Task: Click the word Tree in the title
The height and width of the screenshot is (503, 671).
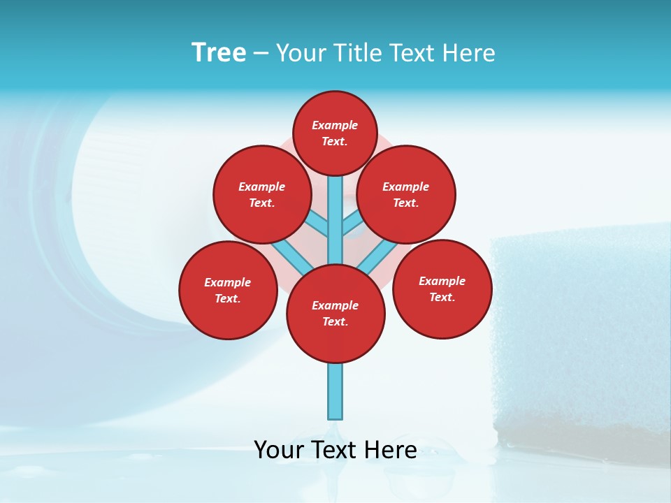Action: (219, 53)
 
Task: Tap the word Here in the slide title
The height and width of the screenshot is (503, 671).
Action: (469, 53)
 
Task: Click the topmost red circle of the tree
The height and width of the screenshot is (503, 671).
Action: (335, 133)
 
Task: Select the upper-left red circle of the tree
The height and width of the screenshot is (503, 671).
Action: (262, 194)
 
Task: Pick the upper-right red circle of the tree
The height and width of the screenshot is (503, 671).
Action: (406, 194)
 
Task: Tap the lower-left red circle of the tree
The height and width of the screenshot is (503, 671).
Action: (228, 290)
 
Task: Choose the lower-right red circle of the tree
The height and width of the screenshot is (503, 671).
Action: (442, 289)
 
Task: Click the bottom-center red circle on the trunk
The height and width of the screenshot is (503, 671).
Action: (335, 313)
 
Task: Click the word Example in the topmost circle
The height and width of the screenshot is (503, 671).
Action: (335, 125)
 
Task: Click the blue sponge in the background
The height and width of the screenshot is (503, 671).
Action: (580, 335)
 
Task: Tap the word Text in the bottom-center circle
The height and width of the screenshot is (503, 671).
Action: (335, 321)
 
